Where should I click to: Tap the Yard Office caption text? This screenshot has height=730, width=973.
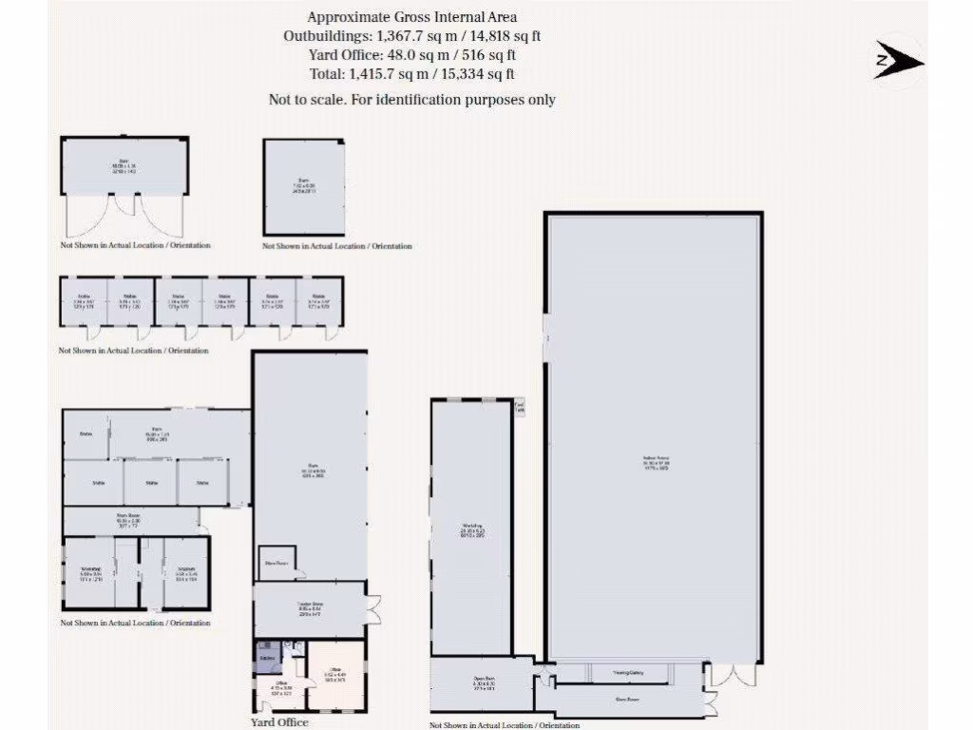tap(279, 722)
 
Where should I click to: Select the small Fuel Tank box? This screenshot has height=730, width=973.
tap(519, 408)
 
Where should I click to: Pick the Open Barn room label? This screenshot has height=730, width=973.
tap(485, 683)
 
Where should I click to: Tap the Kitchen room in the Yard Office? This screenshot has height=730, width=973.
tap(267, 657)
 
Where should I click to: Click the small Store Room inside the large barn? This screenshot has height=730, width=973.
tap(277, 563)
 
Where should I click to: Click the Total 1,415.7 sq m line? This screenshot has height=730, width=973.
tap(411, 73)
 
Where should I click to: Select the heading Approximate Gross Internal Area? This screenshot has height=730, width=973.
tap(411, 16)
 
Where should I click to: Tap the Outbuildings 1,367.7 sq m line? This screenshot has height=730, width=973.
tap(411, 35)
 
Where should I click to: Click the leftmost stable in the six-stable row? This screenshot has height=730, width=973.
tap(84, 300)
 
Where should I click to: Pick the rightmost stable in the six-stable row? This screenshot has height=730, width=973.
tap(319, 300)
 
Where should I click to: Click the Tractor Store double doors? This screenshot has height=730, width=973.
tap(373, 609)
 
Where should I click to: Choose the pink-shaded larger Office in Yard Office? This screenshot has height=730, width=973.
tap(335, 675)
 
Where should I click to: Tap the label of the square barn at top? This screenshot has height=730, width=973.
tap(304, 186)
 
